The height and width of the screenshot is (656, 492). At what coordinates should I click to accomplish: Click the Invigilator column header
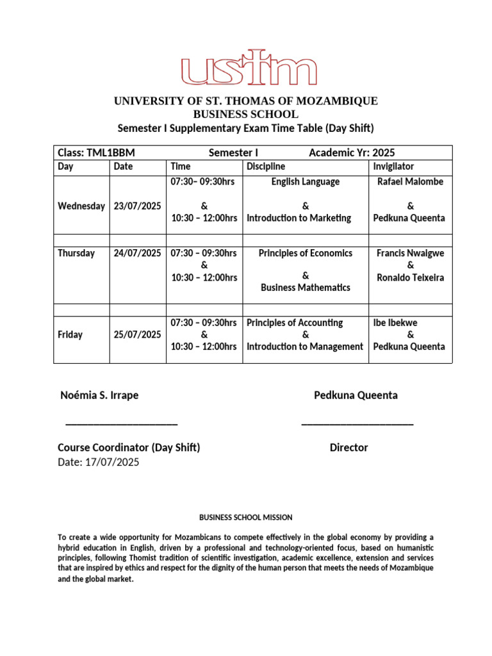tap(393, 167)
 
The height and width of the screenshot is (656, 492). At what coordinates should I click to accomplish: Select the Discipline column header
tap(266, 167)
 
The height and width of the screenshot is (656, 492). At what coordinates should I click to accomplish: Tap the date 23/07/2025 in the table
tap(137, 206)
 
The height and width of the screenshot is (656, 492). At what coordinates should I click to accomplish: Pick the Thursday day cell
tap(76, 253)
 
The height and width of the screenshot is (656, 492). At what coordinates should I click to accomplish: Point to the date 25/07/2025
tap(137, 334)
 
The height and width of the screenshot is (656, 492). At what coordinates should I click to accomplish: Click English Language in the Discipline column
tap(305, 182)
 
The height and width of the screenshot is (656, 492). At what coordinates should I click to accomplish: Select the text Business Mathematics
tap(305, 288)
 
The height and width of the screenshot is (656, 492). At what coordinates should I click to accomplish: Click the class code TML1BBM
tap(96, 152)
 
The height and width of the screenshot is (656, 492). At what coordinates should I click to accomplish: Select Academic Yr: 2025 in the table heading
tap(352, 152)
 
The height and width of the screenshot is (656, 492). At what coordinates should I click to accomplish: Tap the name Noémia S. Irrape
tap(99, 395)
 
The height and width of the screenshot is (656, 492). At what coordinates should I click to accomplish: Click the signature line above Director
tap(357, 423)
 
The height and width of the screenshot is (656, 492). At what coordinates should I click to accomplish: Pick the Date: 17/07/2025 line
tap(98, 462)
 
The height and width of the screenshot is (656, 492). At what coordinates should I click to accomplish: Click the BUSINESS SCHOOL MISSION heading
tap(245, 518)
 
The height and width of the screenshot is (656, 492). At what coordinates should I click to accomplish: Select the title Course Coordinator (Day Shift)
tap(129, 448)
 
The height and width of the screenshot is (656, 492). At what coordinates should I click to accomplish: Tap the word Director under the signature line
tap(348, 448)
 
